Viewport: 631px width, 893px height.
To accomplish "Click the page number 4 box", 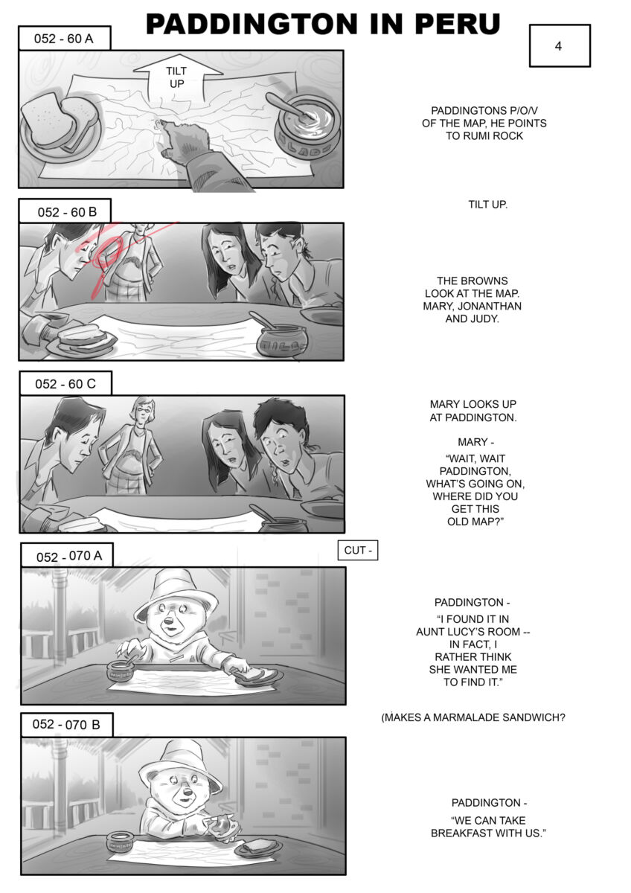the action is tap(560, 45).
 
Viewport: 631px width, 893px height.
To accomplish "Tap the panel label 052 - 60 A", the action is tap(64, 38).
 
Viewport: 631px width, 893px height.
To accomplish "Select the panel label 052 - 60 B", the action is tap(65, 211).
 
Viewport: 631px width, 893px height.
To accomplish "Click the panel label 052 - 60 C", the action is tap(65, 383).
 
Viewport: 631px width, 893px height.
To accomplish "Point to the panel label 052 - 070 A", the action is tap(67, 555).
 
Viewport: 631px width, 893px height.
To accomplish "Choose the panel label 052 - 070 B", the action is tap(67, 724).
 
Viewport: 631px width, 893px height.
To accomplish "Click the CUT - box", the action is tap(358, 550).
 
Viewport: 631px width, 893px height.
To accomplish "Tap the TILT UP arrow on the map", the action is tap(177, 77).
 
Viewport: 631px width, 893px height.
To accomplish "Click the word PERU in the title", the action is tap(457, 24).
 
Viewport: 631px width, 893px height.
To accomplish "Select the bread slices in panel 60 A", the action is tap(60, 121).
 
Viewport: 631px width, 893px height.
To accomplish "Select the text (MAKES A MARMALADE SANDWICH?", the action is tap(473, 718).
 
